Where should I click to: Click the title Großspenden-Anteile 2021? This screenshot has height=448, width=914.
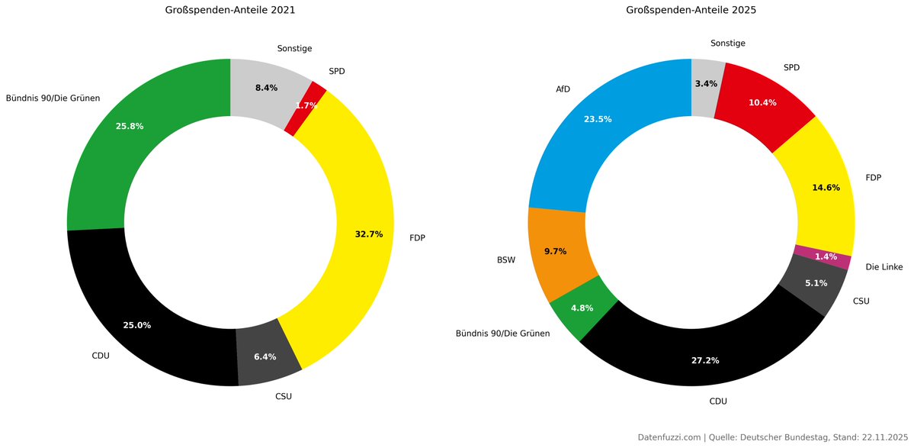(x=230, y=11)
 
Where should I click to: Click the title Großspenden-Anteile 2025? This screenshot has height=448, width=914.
(x=691, y=11)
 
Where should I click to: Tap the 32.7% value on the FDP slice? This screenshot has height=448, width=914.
(x=369, y=234)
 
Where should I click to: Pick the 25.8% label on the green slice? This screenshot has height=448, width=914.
(x=130, y=126)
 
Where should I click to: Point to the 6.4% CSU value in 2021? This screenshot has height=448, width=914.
(x=265, y=356)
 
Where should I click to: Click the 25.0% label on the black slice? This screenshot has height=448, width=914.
(x=137, y=325)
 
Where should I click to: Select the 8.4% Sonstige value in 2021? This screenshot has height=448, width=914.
(x=266, y=89)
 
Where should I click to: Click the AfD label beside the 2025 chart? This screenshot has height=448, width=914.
(x=563, y=89)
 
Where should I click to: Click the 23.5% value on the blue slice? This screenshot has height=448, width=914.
(x=598, y=119)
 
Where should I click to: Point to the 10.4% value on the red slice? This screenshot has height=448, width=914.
(x=762, y=103)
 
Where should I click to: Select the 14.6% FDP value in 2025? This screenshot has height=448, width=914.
(x=825, y=188)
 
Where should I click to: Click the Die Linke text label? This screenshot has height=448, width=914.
(x=884, y=267)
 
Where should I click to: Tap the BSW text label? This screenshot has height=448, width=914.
(x=506, y=260)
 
